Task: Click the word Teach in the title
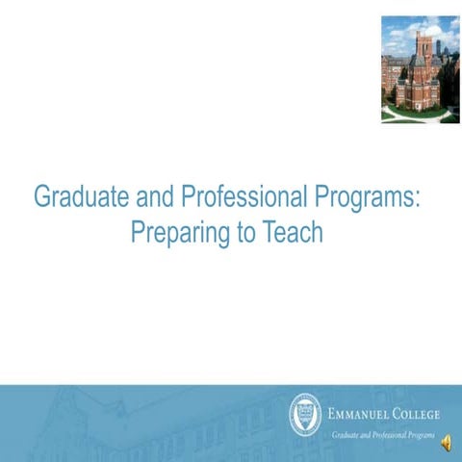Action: tap(295, 233)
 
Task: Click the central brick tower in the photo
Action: tap(422, 63)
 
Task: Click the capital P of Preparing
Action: tap(136, 233)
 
